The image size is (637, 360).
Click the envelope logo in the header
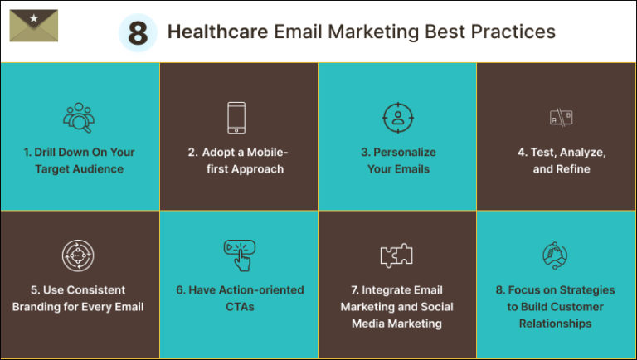[34, 27]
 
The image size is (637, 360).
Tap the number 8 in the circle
[138, 33]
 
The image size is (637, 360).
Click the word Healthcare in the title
[217, 32]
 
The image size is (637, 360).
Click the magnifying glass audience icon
[79, 118]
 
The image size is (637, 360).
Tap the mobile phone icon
[237, 118]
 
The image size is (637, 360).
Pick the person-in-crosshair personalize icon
[397, 118]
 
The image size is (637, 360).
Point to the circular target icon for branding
[78, 255]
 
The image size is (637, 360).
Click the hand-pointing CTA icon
[239, 255]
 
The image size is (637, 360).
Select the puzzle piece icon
[396, 255]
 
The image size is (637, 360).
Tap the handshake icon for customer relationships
[555, 255]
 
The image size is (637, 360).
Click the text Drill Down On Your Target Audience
[79, 161]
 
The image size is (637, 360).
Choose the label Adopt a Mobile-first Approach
[237, 161]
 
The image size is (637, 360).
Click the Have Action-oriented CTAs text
[239, 299]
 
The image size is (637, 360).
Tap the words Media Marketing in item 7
[396, 324]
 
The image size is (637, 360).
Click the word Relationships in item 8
[555, 324]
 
